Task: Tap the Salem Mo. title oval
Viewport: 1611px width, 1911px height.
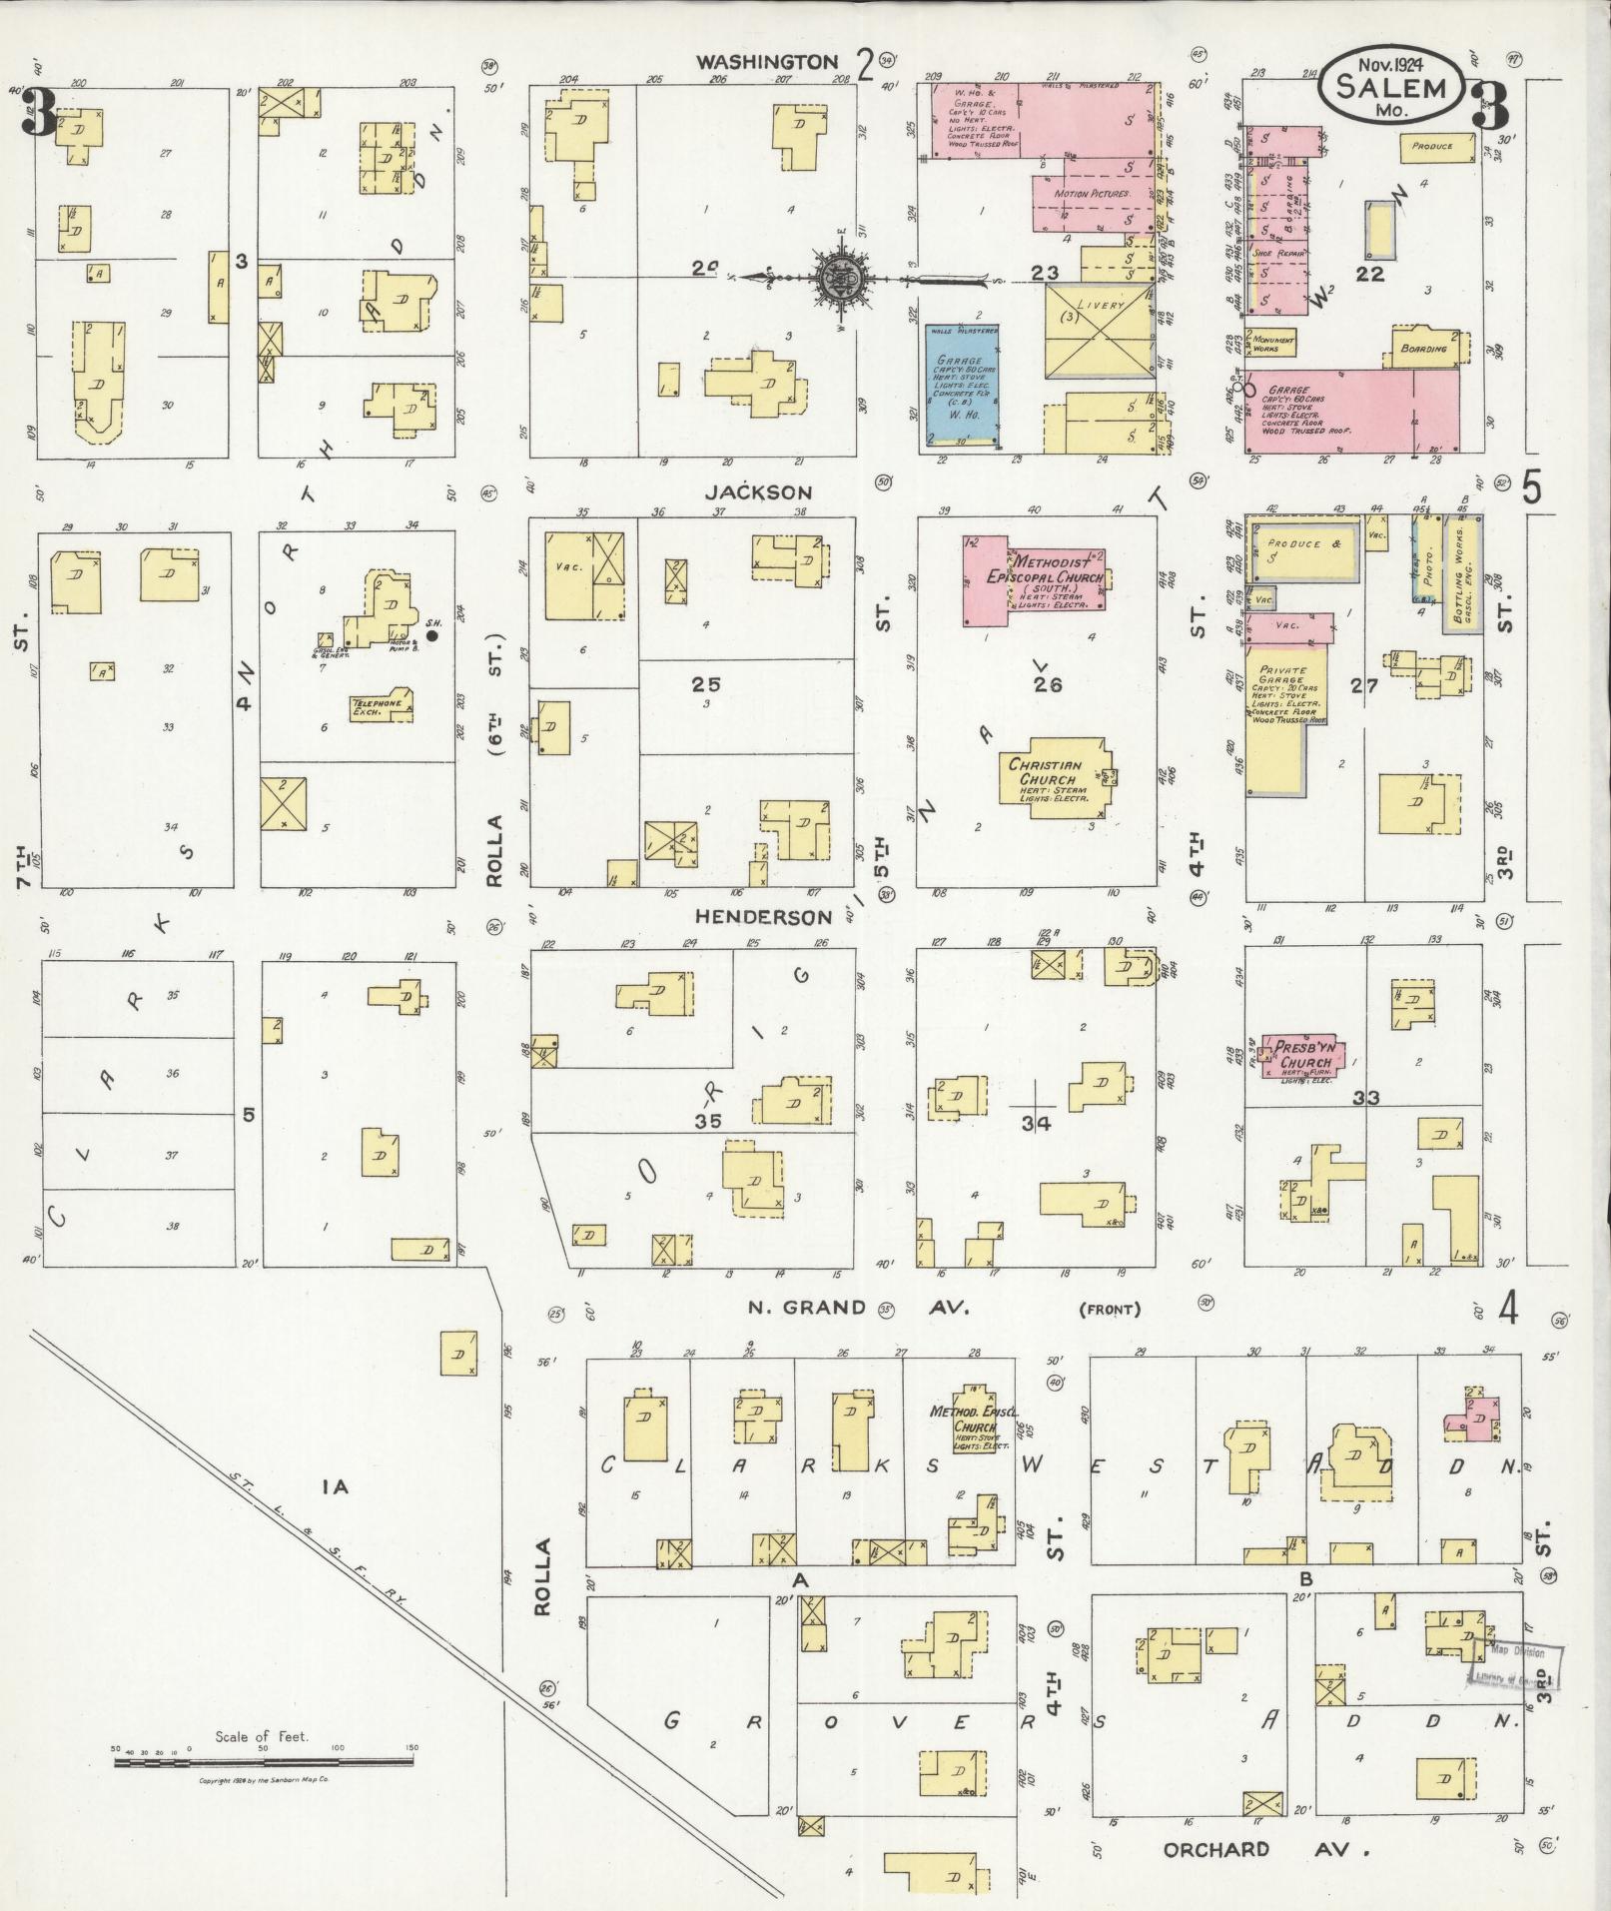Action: [x=1391, y=87]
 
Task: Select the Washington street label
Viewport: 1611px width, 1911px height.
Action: [x=767, y=62]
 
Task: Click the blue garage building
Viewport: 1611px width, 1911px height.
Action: [x=964, y=384]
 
